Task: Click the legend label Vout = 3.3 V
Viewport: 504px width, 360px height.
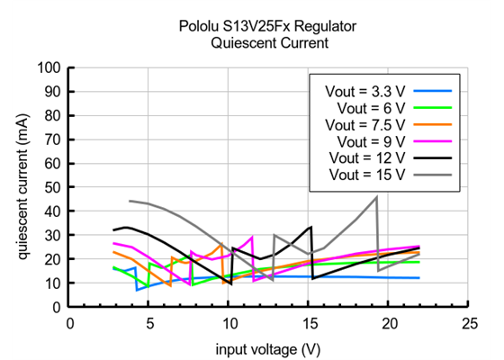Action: pos(365,91)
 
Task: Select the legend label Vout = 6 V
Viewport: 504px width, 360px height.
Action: pos(372,108)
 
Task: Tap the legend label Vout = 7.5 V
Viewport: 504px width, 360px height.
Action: pos(365,124)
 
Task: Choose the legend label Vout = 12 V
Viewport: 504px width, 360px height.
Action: pos(368,157)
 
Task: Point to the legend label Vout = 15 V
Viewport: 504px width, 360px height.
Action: pos(368,174)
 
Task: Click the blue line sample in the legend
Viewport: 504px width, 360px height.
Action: pos(433,91)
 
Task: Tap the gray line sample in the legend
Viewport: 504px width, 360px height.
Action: pos(433,174)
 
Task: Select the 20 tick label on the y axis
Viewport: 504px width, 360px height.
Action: pos(52,259)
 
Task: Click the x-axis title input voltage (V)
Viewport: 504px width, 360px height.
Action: pos(268,347)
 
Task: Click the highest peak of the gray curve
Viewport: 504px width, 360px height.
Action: pos(376,197)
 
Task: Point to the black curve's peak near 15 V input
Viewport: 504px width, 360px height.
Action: pos(310,227)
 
